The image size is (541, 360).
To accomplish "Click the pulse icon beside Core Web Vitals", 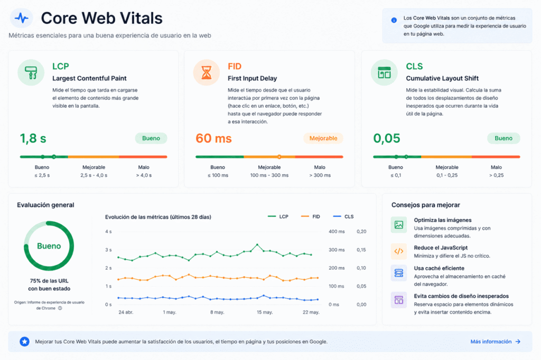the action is point(21,18).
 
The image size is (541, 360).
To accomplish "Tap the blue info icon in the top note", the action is point(394,21).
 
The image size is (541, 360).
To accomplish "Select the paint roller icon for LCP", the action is point(31,72).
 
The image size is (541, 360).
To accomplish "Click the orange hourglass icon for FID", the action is point(207,72).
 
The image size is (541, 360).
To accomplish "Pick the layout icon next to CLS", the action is point(384,72).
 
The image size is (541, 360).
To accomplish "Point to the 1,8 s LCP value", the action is point(33,138).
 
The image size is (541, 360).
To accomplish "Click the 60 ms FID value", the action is point(213,138).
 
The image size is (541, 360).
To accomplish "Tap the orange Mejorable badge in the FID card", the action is point(323,138).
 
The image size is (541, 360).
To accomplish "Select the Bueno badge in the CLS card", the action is point(503,138).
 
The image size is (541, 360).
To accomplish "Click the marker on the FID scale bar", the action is point(279,157).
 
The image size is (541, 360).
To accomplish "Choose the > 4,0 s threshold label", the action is point(144,175).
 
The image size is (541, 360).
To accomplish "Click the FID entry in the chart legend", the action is point(311,216).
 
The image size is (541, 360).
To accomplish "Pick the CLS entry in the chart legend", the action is point(343,216).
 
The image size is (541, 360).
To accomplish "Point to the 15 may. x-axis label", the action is point(265,312).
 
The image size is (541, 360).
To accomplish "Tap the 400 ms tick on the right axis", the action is point(337,231).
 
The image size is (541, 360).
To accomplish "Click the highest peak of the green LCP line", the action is point(257,245).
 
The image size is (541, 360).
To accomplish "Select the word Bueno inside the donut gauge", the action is point(49,246).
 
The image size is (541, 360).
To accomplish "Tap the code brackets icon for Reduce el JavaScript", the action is point(398,251).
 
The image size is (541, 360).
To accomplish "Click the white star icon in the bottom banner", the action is point(24,342).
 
